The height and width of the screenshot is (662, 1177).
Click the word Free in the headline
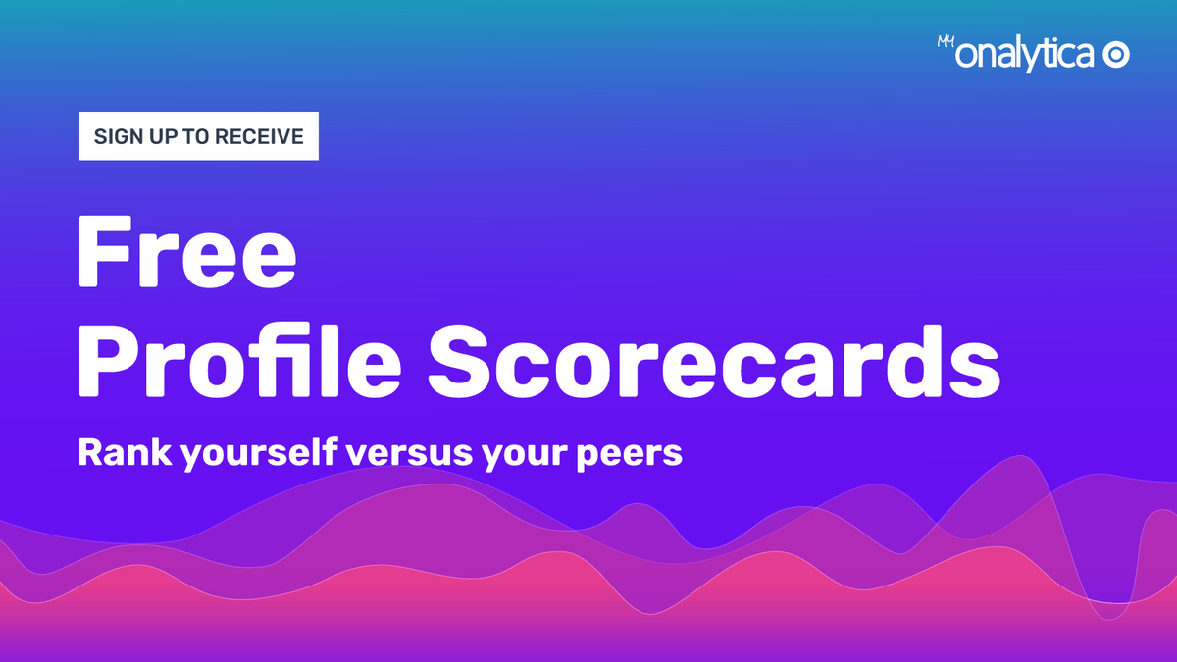click(186, 252)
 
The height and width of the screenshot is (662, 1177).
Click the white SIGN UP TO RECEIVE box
click(199, 137)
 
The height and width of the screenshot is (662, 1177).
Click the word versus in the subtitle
click(409, 454)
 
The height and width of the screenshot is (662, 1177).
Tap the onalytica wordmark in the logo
click(1026, 57)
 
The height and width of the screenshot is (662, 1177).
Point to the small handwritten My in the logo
click(945, 42)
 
